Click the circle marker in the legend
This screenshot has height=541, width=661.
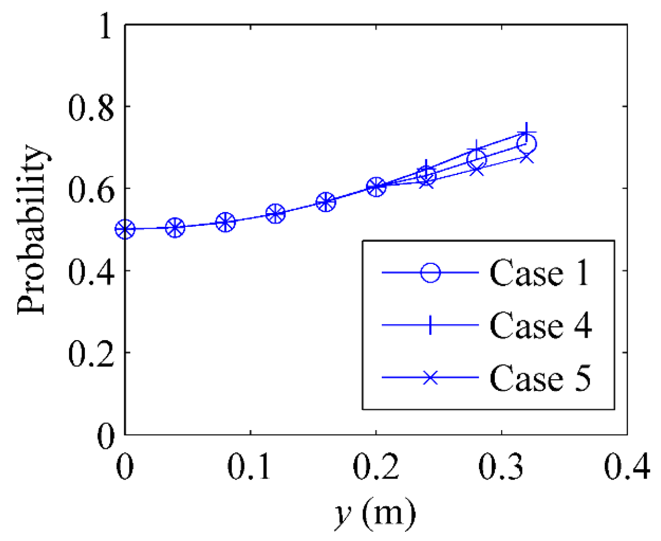click(x=430, y=273)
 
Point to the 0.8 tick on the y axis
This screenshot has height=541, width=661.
click(x=91, y=107)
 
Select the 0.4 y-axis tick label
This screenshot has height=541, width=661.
click(x=91, y=271)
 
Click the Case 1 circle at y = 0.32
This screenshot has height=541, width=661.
click(x=526, y=145)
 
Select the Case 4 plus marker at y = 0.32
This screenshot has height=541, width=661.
click(x=526, y=132)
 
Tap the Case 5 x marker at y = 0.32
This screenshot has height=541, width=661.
click(x=526, y=157)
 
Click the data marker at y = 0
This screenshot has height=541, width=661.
click(x=125, y=229)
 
